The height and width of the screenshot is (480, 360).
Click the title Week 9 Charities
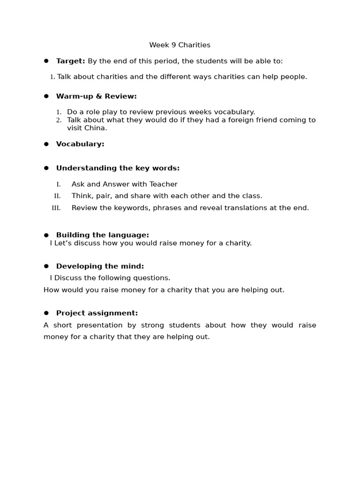pos(180,45)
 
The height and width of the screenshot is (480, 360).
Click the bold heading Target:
pos(70,61)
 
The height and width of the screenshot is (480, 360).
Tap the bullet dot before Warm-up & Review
pos(46,96)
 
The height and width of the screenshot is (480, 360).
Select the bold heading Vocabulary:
pos(80,144)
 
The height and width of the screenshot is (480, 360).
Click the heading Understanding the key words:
pos(118,168)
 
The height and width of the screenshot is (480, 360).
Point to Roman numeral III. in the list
pos(56,208)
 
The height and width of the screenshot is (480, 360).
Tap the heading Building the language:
pos(102,235)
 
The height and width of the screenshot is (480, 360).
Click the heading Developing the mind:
pos(100,266)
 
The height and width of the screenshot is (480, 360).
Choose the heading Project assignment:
pos(97,313)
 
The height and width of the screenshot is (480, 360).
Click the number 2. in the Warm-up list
pos(59,120)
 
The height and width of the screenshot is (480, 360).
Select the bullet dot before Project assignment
pos(46,313)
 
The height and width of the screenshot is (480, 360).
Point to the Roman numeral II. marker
pos(57,196)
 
